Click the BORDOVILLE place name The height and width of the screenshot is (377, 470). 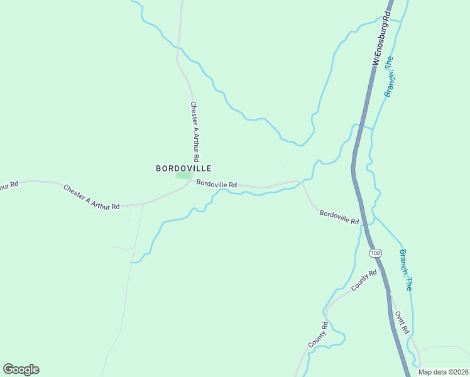point(183,168)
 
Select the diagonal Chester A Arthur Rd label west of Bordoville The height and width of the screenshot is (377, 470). point(91,197)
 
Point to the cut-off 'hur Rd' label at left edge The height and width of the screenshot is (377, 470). point(8,185)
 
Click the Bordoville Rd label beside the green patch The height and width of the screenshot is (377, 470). point(216,185)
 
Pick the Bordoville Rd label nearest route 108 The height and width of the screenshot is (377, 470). point(339,217)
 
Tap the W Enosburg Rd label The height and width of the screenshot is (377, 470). point(381,39)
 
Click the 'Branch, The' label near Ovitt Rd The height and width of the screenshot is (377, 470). point(406,270)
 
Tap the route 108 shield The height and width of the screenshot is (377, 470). point(375,253)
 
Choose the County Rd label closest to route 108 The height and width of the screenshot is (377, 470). point(364,280)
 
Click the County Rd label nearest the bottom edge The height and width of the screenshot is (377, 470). point(319,335)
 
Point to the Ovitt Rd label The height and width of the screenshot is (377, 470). point(402,322)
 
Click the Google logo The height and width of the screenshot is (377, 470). point(21,369)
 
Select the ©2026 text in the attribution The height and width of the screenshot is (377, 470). point(457,372)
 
